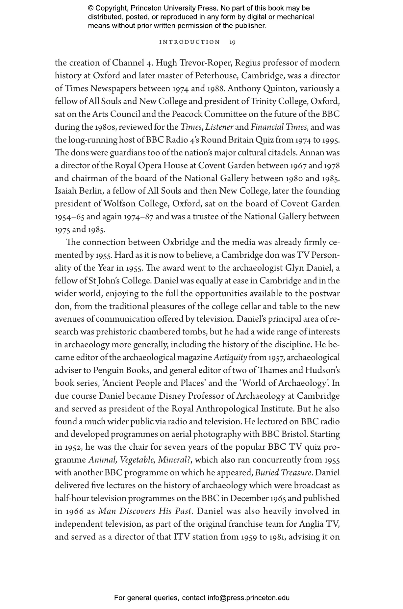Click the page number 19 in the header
pyautogui.click(x=232, y=42)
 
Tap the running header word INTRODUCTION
pyautogui.click(x=189, y=42)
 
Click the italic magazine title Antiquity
pyautogui.click(x=230, y=357)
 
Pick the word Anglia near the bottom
pyautogui.click(x=311, y=524)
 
